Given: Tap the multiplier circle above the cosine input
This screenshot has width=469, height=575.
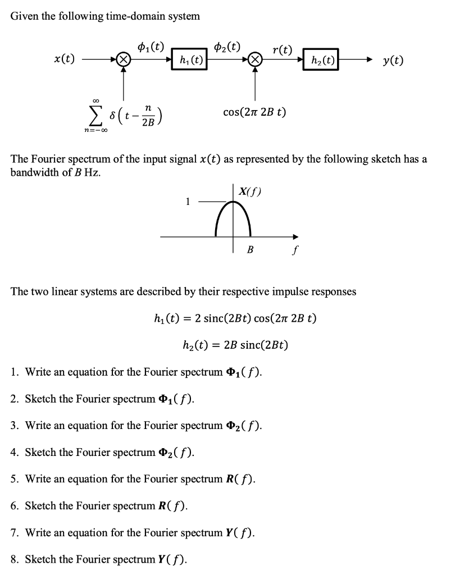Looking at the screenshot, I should click(256, 59).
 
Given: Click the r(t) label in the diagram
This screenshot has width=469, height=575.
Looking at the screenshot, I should click(282, 49).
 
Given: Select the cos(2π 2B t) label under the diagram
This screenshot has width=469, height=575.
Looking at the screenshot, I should click(254, 112).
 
